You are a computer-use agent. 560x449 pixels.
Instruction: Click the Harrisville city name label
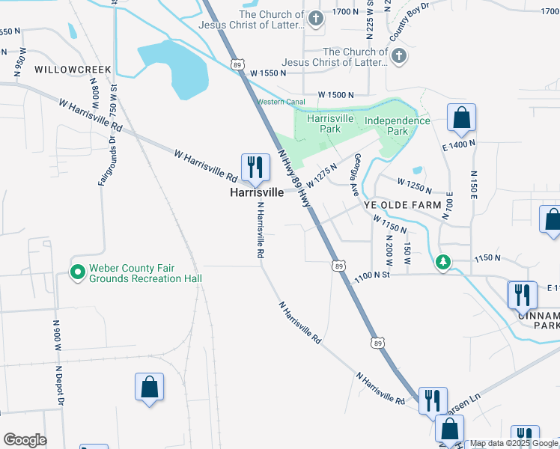(x=256, y=192)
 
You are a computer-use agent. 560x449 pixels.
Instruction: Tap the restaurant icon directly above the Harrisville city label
(x=255, y=167)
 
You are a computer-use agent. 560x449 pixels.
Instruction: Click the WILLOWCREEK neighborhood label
(x=72, y=70)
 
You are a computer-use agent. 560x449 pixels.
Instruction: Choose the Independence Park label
(x=397, y=126)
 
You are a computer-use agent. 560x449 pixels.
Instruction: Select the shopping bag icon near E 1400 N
(x=461, y=118)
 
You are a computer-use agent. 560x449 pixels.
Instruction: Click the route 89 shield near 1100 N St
(x=339, y=266)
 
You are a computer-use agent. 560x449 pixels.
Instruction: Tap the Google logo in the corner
(x=25, y=440)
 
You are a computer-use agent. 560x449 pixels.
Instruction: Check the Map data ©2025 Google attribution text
(x=514, y=444)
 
